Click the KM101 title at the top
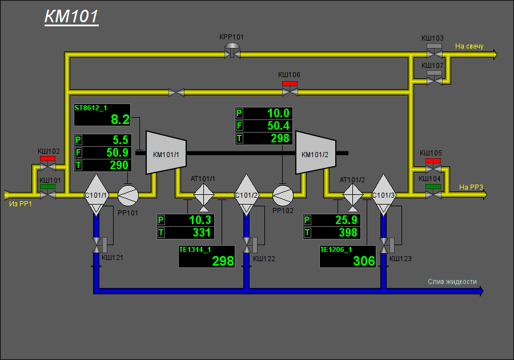point(71,17)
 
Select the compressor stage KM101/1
point(166,153)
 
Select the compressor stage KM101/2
point(316,153)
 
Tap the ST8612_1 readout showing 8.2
point(102,115)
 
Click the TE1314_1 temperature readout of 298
point(207,257)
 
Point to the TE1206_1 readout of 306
point(348,257)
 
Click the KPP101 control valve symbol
point(232,52)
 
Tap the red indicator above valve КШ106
point(290,83)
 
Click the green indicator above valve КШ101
point(47,186)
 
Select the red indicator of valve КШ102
point(47,159)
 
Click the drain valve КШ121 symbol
point(97,245)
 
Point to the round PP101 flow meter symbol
point(128,195)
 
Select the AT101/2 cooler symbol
point(353,196)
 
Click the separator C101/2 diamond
point(247,195)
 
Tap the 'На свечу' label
point(469,46)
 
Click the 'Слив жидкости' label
point(452,282)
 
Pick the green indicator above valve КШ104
point(433,186)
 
